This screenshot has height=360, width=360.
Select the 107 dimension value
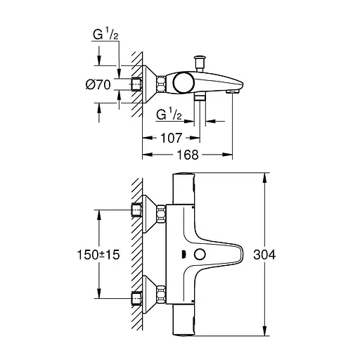170,139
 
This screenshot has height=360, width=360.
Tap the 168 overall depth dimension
186,154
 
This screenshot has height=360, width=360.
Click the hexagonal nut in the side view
162,84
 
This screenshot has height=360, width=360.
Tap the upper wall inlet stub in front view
136,210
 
